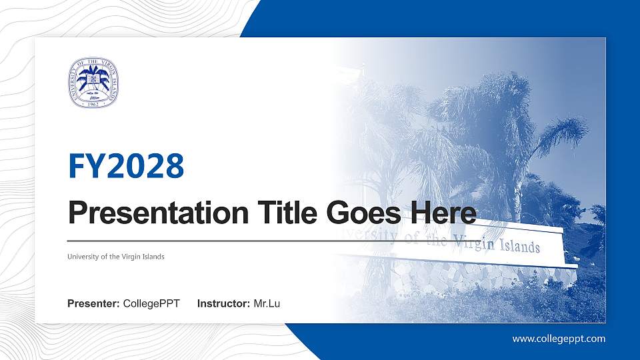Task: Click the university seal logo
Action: [x=93, y=82]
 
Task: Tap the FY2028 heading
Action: [x=126, y=166]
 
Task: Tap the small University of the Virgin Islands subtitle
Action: [x=115, y=257]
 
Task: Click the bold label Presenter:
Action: [x=93, y=304]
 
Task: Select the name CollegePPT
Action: [x=151, y=304]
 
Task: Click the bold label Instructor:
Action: [x=224, y=304]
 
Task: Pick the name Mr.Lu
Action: [x=267, y=304]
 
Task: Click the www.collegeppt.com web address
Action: [x=559, y=339]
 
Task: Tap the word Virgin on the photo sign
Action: [x=473, y=243]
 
